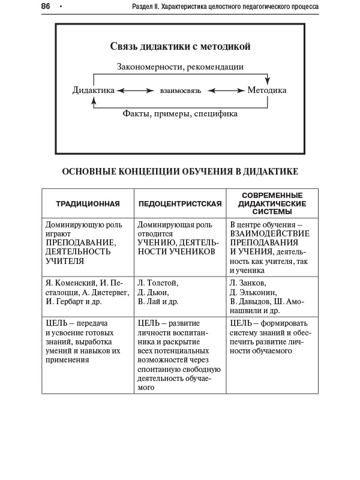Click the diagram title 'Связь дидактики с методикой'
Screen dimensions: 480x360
coord(180,46)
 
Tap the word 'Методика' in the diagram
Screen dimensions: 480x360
coord(267,91)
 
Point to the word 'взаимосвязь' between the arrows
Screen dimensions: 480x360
coord(180,91)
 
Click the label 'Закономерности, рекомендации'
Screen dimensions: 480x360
coord(180,67)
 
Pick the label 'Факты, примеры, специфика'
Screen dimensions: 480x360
coord(180,113)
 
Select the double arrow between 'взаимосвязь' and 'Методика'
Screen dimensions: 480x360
coord(226,91)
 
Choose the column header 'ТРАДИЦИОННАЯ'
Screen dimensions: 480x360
coord(88,204)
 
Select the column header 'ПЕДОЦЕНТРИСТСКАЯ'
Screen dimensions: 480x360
coord(180,204)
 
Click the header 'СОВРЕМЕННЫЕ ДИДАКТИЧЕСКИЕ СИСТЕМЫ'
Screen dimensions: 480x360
coord(272,204)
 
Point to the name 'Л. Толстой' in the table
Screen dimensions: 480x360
coord(158,283)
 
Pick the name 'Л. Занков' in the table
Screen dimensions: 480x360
coord(248,283)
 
